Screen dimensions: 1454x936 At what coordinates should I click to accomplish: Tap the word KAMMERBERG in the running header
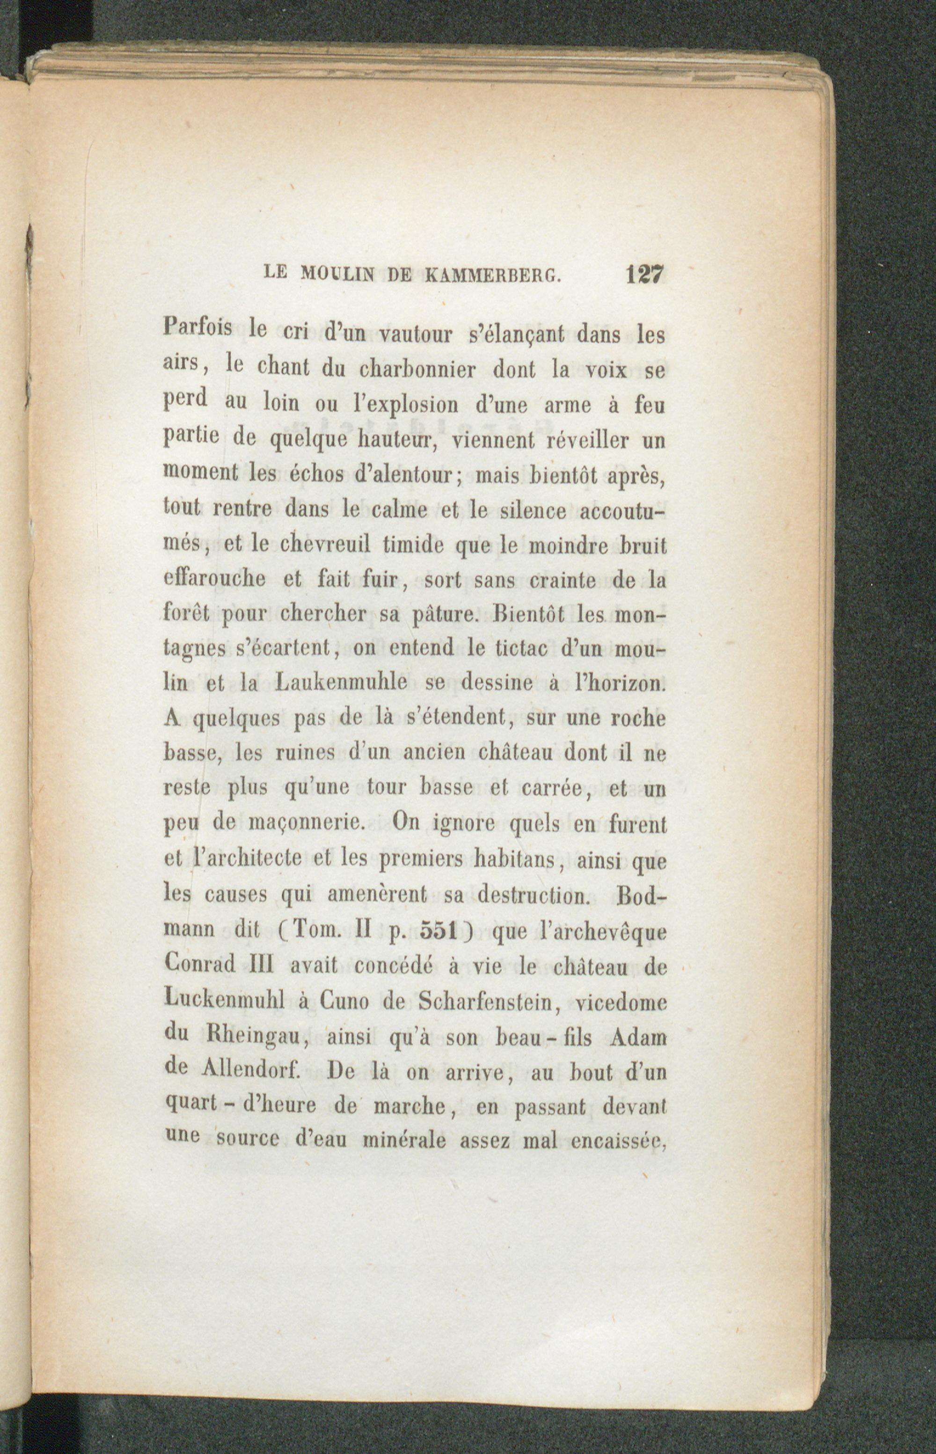coord(490,275)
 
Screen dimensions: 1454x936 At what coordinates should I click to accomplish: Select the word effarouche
coord(214,579)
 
